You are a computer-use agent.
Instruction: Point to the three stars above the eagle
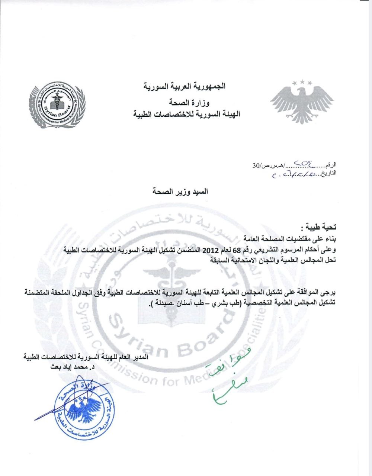[302, 82]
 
